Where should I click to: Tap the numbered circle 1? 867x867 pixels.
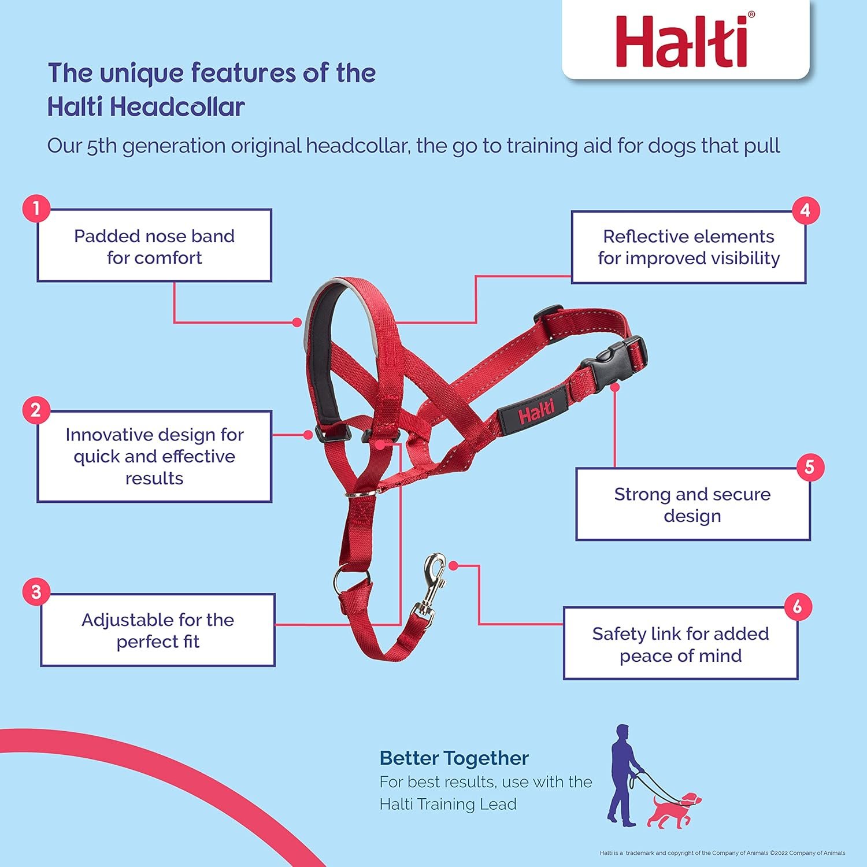tap(36, 208)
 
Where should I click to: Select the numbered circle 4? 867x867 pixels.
tap(805, 210)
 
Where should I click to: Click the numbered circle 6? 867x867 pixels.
tap(798, 606)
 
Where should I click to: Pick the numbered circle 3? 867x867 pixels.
tap(36, 592)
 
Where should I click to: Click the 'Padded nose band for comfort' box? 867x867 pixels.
tap(154, 246)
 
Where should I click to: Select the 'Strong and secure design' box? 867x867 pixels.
tap(692, 505)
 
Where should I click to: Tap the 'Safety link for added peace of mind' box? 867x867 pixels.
tap(680, 644)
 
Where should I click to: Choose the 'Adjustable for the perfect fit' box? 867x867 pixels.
tap(157, 630)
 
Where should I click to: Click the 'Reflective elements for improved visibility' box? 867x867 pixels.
tap(688, 247)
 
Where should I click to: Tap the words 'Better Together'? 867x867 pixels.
tap(454, 758)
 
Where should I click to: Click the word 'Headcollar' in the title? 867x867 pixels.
tap(177, 108)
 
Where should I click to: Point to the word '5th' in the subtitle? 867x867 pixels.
tap(103, 146)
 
